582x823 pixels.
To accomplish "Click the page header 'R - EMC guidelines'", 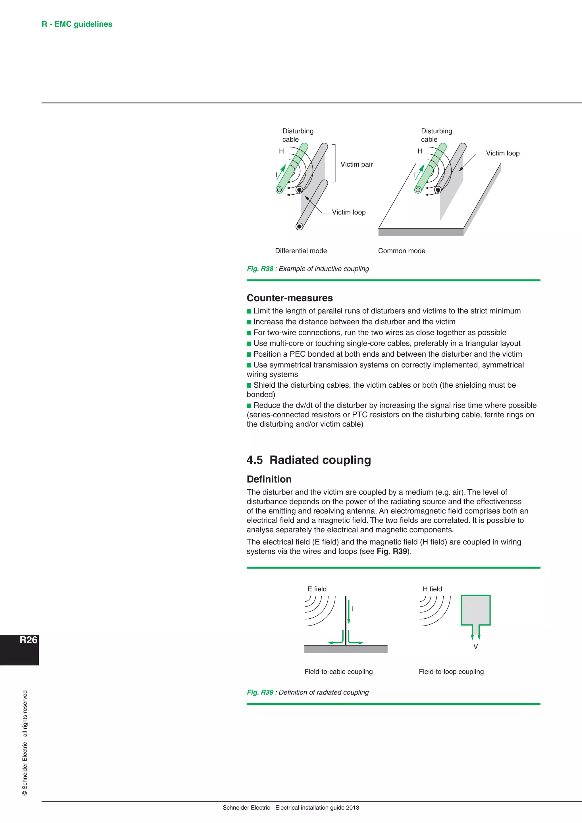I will point(77,24).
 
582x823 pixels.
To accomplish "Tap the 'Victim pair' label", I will point(356,164).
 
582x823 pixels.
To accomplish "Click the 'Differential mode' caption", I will point(301,251).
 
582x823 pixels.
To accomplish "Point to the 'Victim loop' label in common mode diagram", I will point(502,153).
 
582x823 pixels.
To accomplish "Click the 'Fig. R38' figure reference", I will point(260,269).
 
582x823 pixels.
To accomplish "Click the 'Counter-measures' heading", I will point(290,298).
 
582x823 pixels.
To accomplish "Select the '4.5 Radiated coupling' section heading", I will point(309,460).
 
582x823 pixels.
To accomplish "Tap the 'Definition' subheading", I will point(269,479).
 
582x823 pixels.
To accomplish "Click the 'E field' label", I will point(317,589).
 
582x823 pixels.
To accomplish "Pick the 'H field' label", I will point(432,589).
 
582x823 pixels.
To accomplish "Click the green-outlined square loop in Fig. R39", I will point(475,610).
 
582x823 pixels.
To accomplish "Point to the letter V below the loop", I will point(475,647).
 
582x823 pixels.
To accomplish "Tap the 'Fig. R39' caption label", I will point(260,693).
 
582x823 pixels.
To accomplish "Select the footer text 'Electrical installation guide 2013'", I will point(317,808).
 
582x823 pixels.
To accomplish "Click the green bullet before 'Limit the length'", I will point(249,311).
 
